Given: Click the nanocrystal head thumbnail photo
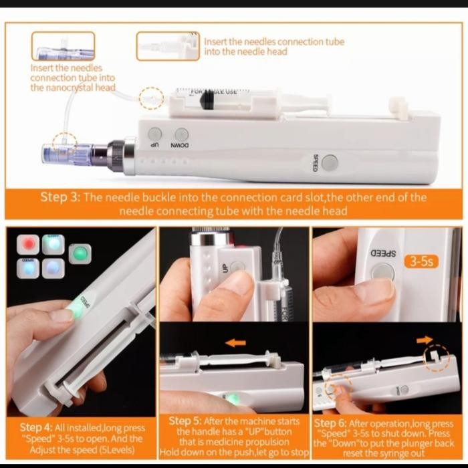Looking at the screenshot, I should (63, 47).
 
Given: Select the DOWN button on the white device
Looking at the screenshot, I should (181, 134).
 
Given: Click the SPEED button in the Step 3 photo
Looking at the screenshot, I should (329, 162).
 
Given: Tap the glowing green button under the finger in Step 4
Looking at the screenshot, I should (76, 310).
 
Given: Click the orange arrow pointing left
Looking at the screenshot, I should (235, 342).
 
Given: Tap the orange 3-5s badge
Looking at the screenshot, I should (421, 261).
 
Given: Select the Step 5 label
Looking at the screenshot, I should (183, 420).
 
